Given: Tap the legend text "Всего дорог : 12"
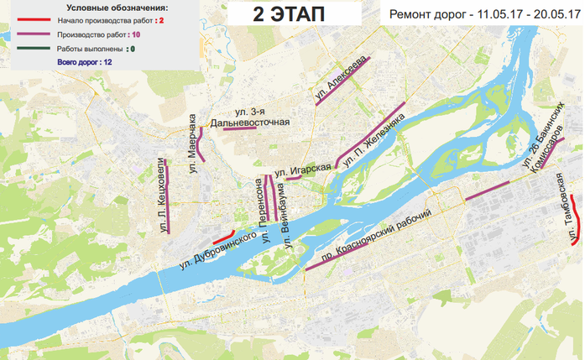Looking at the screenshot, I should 86,62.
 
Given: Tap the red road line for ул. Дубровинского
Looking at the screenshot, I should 222,236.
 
